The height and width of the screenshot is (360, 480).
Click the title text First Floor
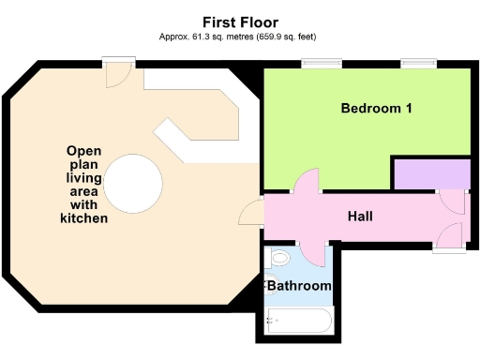coord(240,21)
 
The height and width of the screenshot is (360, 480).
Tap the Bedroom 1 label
coord(376,109)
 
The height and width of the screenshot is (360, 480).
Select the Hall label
coord(360,217)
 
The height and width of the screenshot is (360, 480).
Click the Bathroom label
coord(299,285)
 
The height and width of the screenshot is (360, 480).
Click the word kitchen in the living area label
coord(78,218)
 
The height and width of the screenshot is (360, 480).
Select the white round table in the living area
coord(131,181)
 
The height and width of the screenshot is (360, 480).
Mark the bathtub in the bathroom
coord(298,321)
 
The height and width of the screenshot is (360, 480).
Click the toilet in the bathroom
coord(279,254)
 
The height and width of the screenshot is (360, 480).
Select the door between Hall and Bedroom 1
coord(307,183)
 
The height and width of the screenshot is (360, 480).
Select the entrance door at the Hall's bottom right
coord(449,237)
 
